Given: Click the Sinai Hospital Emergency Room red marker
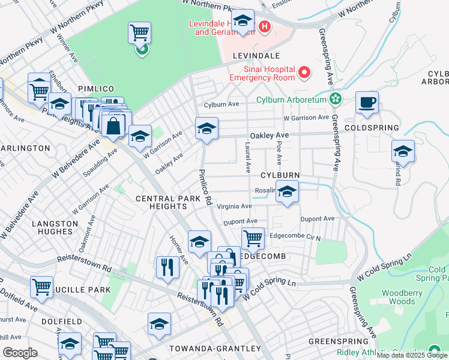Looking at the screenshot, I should click(x=304, y=73).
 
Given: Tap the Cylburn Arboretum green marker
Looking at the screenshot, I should click(x=335, y=99).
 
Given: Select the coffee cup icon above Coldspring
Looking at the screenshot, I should click(x=367, y=102).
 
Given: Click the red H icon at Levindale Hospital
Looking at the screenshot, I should click(x=264, y=27).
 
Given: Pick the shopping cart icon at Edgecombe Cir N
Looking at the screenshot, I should click(x=253, y=238).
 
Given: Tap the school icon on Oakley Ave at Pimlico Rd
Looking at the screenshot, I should click(x=206, y=128).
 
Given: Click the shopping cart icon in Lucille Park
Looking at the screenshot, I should click(x=41, y=287).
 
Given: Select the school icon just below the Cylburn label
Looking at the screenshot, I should click(x=288, y=193).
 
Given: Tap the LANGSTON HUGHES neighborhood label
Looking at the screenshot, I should click(x=55, y=227).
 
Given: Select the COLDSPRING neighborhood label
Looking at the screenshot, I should click(x=372, y=128).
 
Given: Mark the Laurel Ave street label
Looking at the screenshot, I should click(x=247, y=155).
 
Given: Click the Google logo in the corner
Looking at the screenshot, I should click(x=20, y=353).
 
